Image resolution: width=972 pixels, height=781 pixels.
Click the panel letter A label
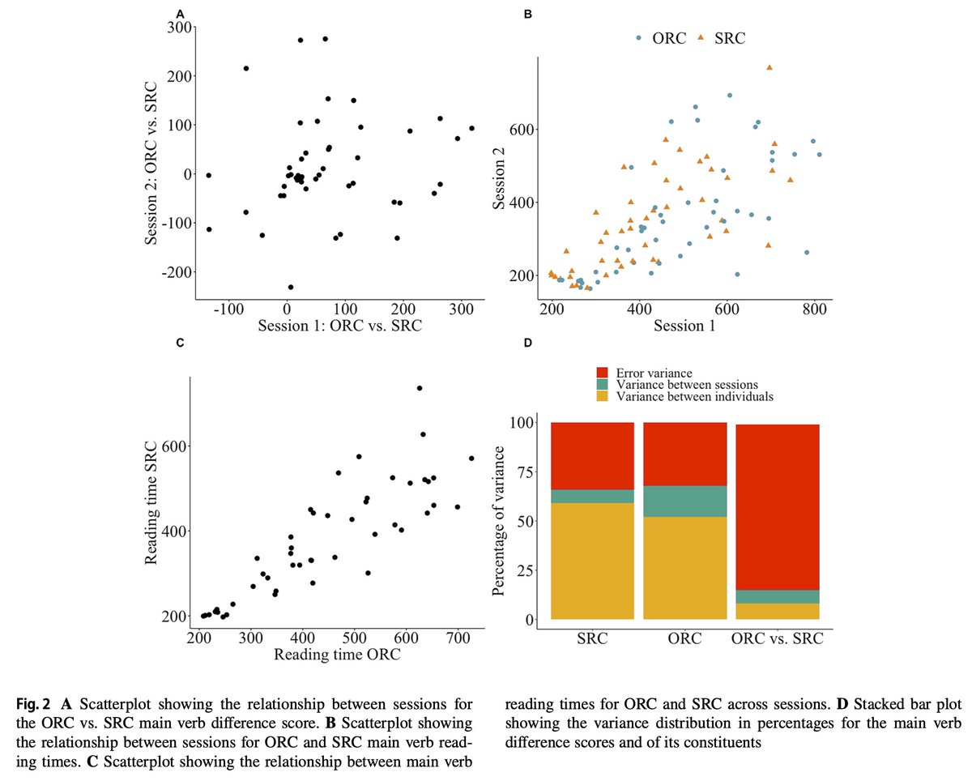(x=180, y=13)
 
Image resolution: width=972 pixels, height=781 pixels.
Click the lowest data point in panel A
(x=291, y=287)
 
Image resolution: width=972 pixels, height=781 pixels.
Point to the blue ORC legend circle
(x=639, y=38)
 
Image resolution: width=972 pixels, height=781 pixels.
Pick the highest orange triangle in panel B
(x=769, y=67)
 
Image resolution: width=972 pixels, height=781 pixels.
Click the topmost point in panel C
(x=420, y=388)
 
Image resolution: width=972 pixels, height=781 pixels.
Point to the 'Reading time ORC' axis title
(x=337, y=655)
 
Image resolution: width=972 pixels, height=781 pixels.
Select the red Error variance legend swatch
(x=602, y=373)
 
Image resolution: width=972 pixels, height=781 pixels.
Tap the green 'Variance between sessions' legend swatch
(x=602, y=385)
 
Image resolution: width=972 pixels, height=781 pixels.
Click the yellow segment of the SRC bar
(x=592, y=561)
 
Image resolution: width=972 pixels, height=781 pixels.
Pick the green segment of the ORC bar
(x=684, y=501)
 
